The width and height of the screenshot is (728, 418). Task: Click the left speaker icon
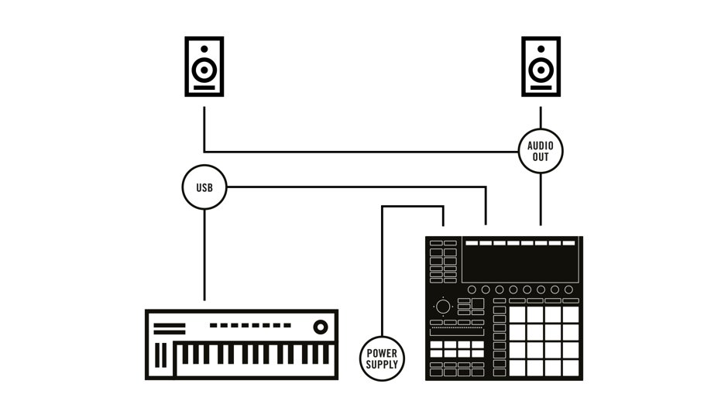click(x=204, y=67)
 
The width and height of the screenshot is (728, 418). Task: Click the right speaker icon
click(x=541, y=67)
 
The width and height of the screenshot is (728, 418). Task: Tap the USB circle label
click(x=204, y=187)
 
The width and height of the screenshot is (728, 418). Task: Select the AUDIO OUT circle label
click(x=541, y=151)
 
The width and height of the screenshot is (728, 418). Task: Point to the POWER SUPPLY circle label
click(x=382, y=358)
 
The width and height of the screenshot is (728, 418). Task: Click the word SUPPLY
click(x=382, y=364)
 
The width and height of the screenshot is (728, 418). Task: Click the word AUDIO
click(x=541, y=146)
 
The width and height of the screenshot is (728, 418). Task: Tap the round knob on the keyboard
click(x=320, y=327)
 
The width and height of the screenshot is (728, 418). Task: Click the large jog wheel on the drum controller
click(x=443, y=307)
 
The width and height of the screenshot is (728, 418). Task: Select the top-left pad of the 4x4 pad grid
click(x=517, y=314)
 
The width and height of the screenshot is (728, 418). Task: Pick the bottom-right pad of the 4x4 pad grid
click(x=570, y=368)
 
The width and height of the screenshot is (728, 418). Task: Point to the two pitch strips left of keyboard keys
click(x=162, y=355)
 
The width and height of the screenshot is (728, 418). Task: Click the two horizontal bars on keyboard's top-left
click(x=170, y=328)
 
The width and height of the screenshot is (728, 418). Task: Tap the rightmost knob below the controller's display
click(x=568, y=290)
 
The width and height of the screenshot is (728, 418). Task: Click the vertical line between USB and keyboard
click(x=204, y=255)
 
